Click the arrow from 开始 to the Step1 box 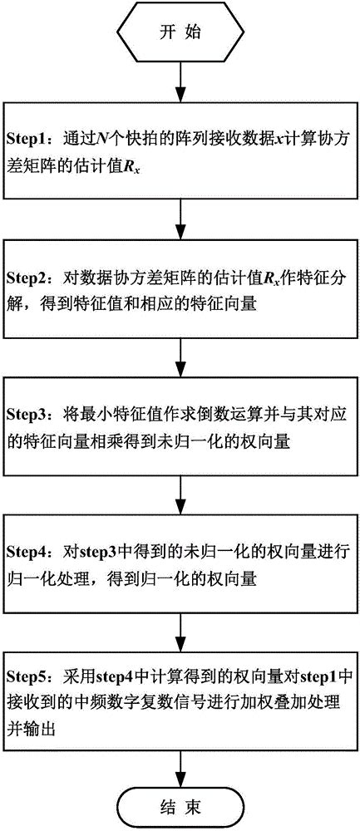(x=180, y=81)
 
